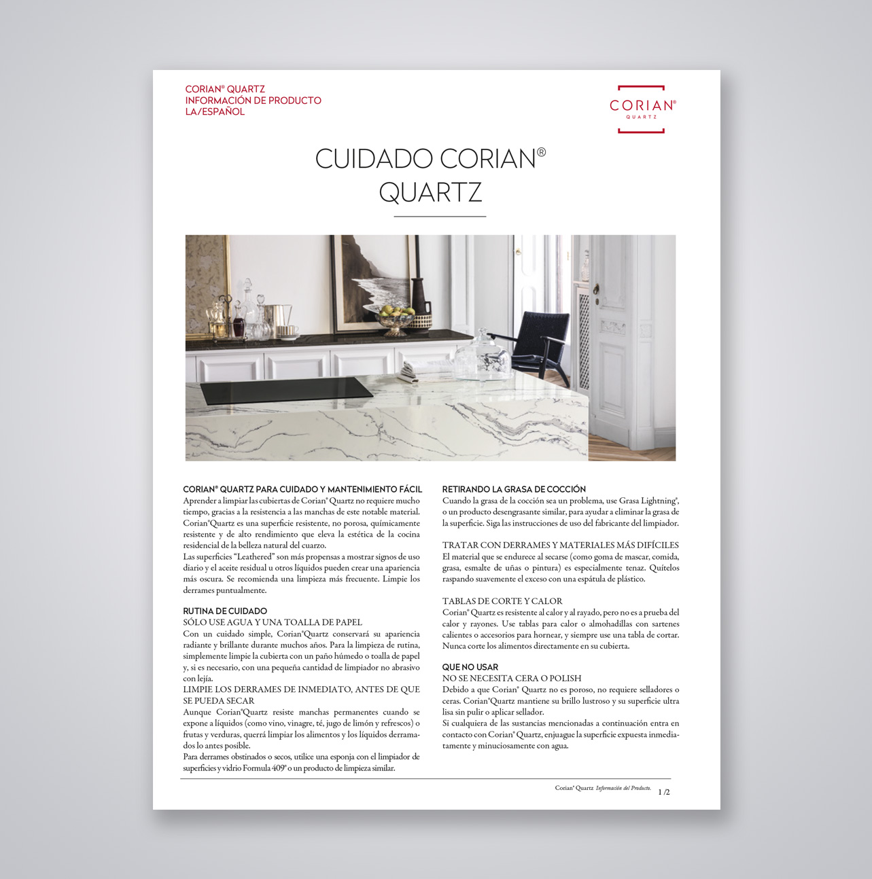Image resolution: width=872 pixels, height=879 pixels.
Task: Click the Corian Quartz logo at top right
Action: [642, 109]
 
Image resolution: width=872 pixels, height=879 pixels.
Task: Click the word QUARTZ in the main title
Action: [430, 192]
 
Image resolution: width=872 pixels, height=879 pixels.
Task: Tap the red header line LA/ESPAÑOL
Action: [215, 112]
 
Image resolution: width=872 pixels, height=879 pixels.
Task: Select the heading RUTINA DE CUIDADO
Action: [225, 611]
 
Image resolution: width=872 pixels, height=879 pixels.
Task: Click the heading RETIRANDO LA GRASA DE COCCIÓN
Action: [514, 489]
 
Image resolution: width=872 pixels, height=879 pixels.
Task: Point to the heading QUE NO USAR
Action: [470, 667]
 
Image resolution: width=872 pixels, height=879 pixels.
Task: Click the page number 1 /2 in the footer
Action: [664, 792]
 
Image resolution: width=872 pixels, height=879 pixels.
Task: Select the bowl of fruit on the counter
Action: [395, 318]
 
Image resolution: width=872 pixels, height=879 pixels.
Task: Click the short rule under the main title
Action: [440, 216]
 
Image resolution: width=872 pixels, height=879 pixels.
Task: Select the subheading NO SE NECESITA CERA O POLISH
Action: [512, 678]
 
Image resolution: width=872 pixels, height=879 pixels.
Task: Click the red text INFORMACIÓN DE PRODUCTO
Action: [253, 101]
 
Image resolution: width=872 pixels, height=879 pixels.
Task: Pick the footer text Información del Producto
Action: [623, 789]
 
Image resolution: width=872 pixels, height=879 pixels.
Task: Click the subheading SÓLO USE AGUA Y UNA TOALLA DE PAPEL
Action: [273, 622]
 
